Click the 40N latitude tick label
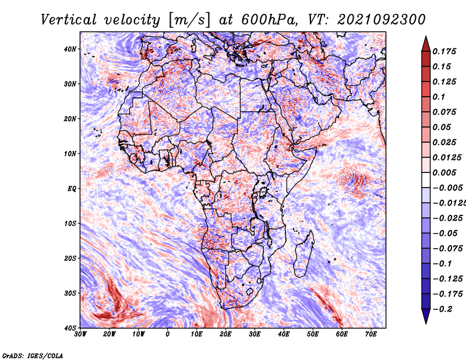click(70, 49)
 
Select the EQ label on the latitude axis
click(72, 189)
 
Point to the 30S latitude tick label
click(70, 293)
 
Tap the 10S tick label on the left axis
click(70, 224)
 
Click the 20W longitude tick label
click(110, 334)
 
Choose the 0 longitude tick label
click(168, 334)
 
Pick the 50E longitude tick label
click(313, 334)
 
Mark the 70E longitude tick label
click(371, 334)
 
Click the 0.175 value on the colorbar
click(444, 51)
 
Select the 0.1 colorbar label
click(439, 97)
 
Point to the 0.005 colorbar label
click(444, 172)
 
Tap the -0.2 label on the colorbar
click(442, 309)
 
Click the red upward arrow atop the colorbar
click(426, 44)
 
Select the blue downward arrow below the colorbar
click(426, 316)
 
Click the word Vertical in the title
click(69, 20)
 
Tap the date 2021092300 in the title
click(382, 20)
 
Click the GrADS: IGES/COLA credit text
click(33, 355)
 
